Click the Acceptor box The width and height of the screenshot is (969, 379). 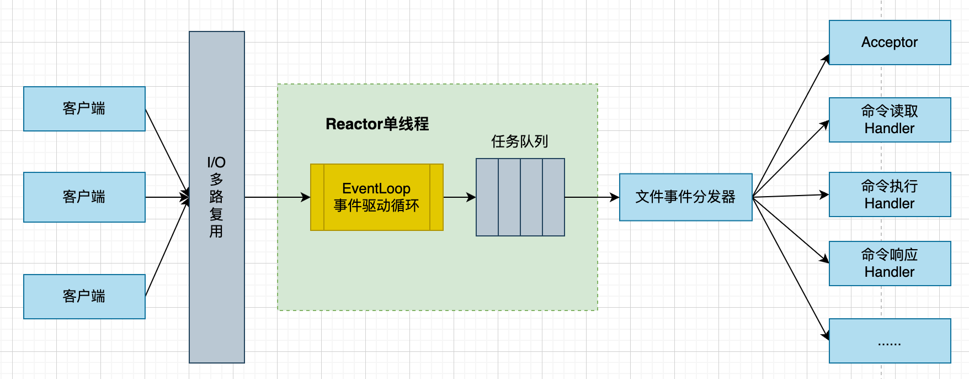tap(890, 43)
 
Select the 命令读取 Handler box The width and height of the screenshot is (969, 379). tap(890, 120)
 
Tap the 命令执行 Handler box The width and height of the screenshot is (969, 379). tap(890, 194)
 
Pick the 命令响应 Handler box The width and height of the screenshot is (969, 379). tap(890, 264)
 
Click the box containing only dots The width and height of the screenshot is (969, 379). tap(890, 341)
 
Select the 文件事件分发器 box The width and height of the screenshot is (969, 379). tap(685, 197)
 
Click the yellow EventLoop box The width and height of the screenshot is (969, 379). tap(376, 197)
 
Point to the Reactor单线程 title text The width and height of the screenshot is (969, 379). tap(377, 124)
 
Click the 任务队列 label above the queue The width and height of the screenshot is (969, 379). tap(519, 141)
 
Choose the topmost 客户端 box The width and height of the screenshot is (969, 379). tap(84, 109)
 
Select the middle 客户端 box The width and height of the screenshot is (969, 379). tap(84, 197)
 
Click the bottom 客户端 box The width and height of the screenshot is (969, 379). tap(84, 297)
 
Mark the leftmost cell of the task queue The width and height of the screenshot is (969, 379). tap(487, 197)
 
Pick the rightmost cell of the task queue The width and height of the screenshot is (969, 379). tap(553, 197)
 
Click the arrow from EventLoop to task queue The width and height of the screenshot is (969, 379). tap(459, 197)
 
